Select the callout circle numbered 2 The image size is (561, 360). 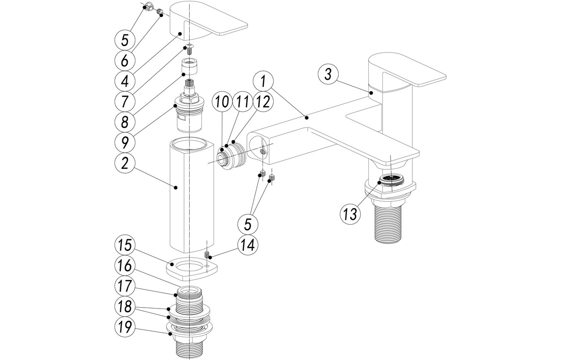pyautogui.click(x=125, y=164)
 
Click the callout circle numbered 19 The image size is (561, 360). pyautogui.click(x=125, y=327)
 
